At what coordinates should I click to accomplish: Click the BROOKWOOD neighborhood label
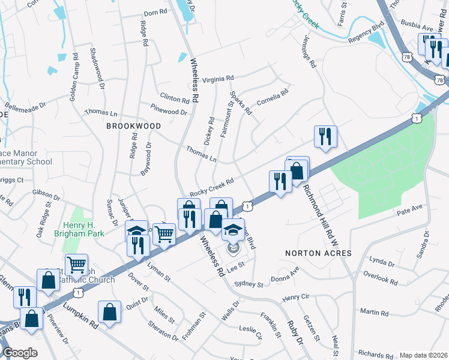[x=133, y=126]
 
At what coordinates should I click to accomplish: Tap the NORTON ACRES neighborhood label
[x=318, y=253]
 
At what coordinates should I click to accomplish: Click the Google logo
[x=20, y=353]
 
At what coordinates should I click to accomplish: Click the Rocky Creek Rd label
[x=211, y=187]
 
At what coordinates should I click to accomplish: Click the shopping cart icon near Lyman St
[x=164, y=233]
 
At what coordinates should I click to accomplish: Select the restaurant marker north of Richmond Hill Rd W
[x=325, y=136]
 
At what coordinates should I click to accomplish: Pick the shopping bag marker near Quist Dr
[x=109, y=312]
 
